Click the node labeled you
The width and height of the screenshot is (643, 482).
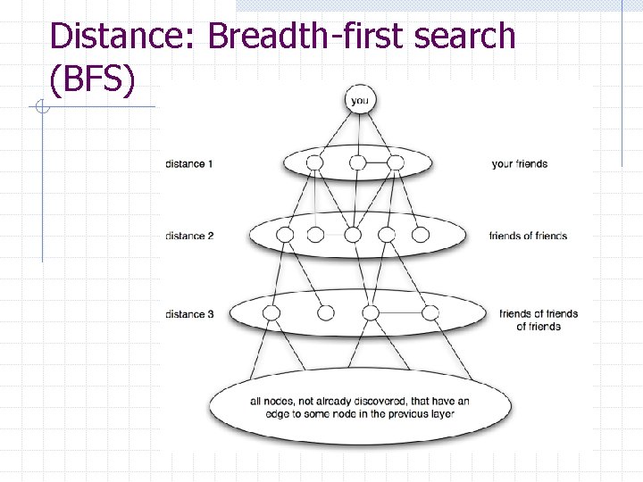(359, 101)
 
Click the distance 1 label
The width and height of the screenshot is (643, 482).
(189, 164)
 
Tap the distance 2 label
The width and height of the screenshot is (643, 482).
(189, 236)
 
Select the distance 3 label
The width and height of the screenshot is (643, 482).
(189, 314)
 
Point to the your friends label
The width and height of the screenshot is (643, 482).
(519, 164)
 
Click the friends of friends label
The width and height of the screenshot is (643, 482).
(528, 236)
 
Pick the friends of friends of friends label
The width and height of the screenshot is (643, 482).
(539, 320)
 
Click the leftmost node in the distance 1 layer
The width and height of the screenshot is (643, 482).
(314, 162)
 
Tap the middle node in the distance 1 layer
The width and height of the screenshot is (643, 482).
(357, 162)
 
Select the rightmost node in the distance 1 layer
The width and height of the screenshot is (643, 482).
(396, 162)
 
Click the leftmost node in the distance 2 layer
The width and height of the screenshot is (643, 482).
(285, 235)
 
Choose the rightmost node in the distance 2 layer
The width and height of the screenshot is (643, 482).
(421, 235)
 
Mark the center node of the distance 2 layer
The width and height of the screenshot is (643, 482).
(353, 235)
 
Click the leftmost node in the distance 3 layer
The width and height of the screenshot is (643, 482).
(271, 313)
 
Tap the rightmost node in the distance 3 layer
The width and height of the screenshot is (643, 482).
(430, 313)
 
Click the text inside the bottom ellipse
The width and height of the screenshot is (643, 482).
(359, 407)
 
